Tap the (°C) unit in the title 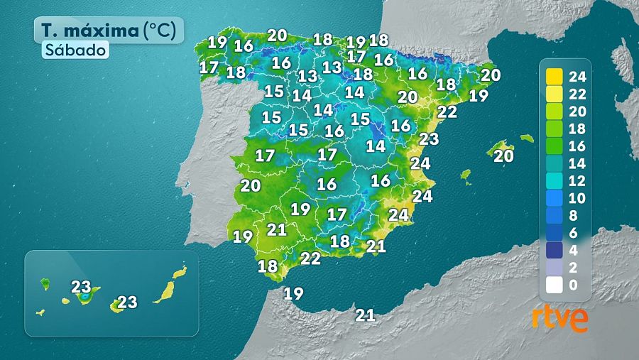[x=163, y=31]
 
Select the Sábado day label [x=75, y=50]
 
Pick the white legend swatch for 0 [x=555, y=285]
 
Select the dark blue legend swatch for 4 [x=555, y=249]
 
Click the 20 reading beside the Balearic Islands [x=503, y=156]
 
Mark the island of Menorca [x=526, y=138]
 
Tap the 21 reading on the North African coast [x=365, y=315]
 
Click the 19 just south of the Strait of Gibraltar [x=293, y=293]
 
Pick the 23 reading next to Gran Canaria [x=127, y=302]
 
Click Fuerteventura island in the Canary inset [x=165, y=290]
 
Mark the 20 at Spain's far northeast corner [x=491, y=75]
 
